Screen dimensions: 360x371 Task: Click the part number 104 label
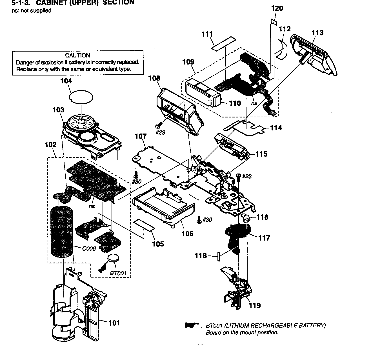[x=66, y=81]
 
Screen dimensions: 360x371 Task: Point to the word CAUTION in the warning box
[x=77, y=55]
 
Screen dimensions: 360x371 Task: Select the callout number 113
[x=317, y=33]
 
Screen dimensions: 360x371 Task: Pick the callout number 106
[x=187, y=234]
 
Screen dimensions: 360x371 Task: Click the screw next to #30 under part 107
[x=136, y=174]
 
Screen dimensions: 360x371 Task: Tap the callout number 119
[x=255, y=305]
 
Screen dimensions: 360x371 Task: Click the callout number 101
[x=114, y=323]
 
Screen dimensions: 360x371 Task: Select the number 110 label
[x=235, y=103]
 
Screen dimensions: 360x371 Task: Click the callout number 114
[x=276, y=128]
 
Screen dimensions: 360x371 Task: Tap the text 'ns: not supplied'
[x=32, y=11]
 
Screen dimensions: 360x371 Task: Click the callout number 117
[x=264, y=238]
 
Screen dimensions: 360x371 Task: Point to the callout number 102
[x=51, y=145]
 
